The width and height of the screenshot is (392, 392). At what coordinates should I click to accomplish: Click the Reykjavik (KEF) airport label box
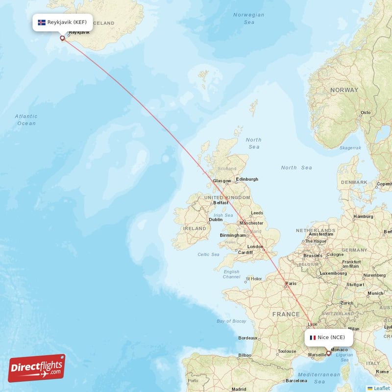pyautogui.click(x=62, y=23)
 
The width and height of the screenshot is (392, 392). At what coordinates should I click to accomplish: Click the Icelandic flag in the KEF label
pyautogui.click(x=42, y=23)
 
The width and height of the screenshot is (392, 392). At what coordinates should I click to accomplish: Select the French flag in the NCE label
pyautogui.click(x=313, y=337)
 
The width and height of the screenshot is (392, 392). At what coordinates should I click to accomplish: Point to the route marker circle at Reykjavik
pyautogui.click(x=62, y=38)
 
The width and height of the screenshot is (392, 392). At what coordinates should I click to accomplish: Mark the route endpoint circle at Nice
pyautogui.click(x=328, y=353)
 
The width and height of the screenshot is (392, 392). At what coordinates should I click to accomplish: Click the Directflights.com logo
pyautogui.click(x=37, y=368)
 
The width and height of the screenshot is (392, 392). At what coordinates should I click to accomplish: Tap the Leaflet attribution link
pyautogui.click(x=381, y=388)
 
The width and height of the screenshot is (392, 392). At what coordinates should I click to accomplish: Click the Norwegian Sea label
pyautogui.click(x=248, y=19)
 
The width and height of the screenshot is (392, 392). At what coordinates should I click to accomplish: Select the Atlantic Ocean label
pyautogui.click(x=26, y=120)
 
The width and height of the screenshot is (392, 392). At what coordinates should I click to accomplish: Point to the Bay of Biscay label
pyautogui.click(x=231, y=321)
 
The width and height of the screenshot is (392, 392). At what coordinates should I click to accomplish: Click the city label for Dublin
pyautogui.click(x=216, y=220)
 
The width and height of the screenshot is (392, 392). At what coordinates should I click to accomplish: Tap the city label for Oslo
pyautogui.click(x=366, y=113)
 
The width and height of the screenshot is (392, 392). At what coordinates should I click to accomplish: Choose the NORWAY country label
pyautogui.click(x=344, y=90)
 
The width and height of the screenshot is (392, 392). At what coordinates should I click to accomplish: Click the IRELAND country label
pyautogui.click(x=195, y=228)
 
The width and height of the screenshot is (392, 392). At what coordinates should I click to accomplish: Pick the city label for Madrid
pyautogui.click(x=239, y=389)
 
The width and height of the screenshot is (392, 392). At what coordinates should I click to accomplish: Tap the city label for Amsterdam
pyautogui.click(x=320, y=234)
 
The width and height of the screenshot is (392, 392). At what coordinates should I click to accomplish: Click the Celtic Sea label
pyautogui.click(x=208, y=254)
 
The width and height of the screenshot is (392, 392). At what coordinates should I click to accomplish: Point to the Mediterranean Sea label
pyautogui.click(x=319, y=378)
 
